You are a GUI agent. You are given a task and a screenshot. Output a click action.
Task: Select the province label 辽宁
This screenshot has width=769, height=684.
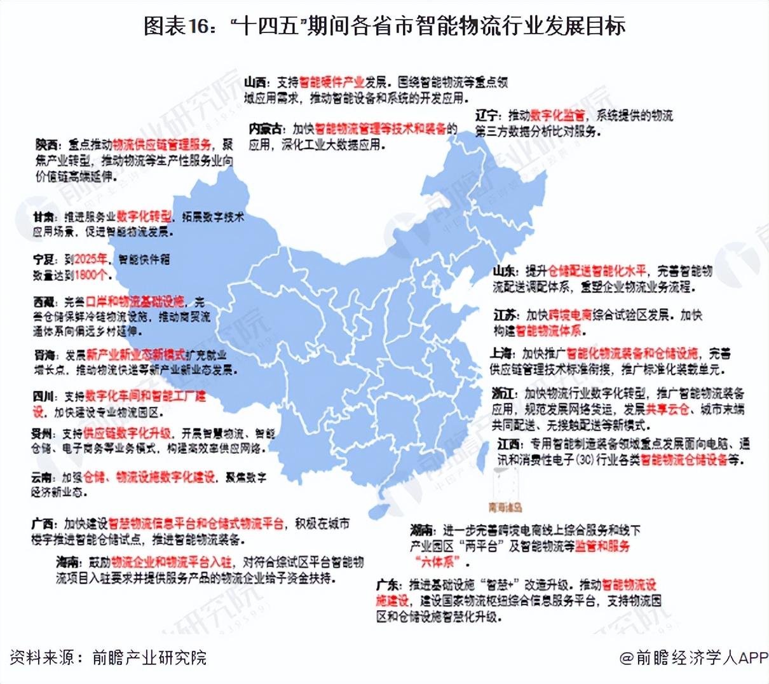(487, 116)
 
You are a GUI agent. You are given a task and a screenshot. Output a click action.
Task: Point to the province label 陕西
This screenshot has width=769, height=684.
(46, 146)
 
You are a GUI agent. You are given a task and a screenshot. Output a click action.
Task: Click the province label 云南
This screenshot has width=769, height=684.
(43, 477)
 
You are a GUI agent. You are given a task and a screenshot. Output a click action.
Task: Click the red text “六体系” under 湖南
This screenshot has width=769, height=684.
(436, 562)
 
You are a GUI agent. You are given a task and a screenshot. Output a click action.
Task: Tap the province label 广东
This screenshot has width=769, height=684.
(388, 585)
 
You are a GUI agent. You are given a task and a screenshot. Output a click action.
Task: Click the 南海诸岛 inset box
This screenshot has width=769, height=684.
(505, 488)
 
